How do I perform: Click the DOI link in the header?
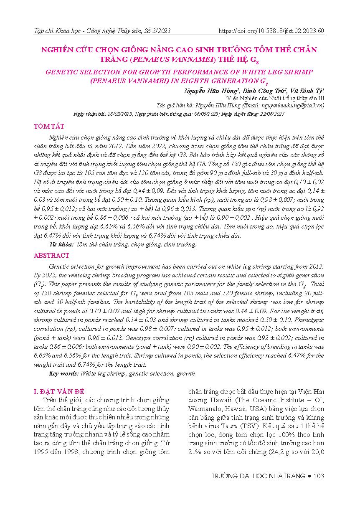click(271, 31)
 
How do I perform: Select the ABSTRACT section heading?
click(51, 256)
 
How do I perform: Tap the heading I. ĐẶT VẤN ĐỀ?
click(59, 391)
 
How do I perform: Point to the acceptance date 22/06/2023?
click(269, 114)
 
